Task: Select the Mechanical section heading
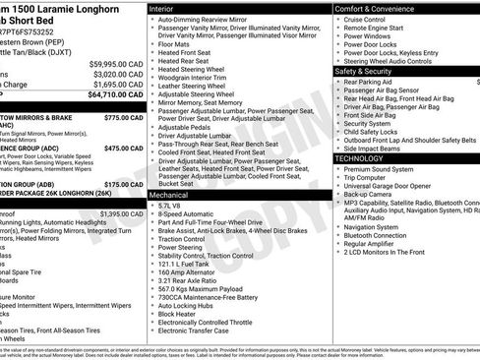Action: click(170, 196)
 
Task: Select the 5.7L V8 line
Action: click(171, 207)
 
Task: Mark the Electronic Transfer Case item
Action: click(197, 331)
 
